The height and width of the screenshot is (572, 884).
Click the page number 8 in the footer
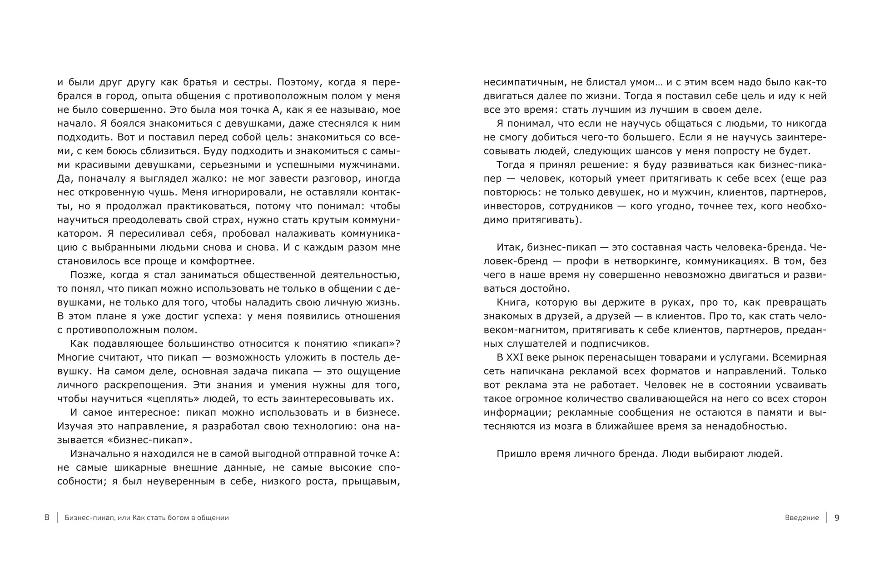[47, 517]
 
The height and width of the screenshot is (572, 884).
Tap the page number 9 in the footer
[837, 517]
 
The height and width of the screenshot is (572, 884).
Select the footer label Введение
[802, 517]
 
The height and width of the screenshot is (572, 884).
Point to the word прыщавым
[371, 482]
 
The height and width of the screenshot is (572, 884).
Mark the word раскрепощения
[148, 385]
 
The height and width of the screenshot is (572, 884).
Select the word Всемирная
[798, 358]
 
